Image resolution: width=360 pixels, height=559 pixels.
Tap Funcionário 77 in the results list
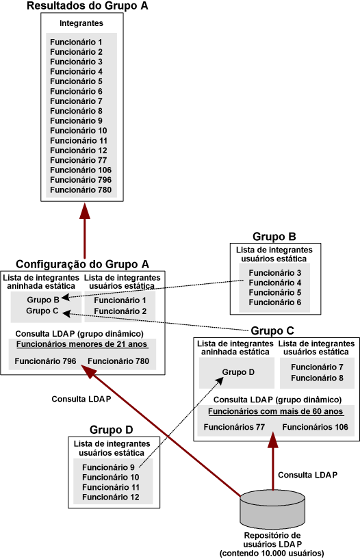(x=76, y=160)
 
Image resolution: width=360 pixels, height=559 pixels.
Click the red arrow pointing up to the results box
(x=84, y=233)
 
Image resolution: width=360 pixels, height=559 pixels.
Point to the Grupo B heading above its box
(x=274, y=237)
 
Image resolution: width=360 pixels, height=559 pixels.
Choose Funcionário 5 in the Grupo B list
(x=273, y=292)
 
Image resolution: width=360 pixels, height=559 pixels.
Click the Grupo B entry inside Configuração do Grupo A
(x=42, y=299)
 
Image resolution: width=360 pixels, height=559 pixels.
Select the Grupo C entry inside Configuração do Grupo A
(x=42, y=311)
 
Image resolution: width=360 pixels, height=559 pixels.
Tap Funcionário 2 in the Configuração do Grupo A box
(x=120, y=311)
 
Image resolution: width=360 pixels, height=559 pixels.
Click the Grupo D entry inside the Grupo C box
(x=237, y=373)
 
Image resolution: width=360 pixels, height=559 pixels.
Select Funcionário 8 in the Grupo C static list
(x=316, y=377)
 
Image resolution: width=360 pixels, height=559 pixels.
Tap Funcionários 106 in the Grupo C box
(x=315, y=427)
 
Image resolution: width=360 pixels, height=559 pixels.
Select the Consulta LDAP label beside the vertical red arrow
(x=307, y=474)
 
